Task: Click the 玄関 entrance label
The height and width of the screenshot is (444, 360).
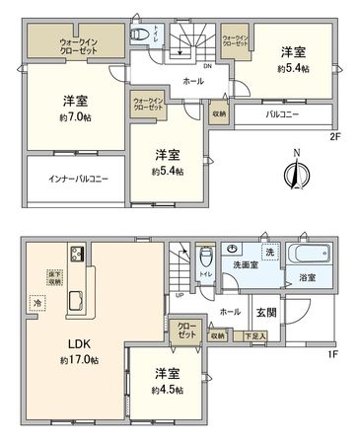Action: (x=267, y=313)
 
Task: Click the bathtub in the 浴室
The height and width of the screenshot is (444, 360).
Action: (x=308, y=254)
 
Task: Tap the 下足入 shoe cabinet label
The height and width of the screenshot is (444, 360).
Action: (x=255, y=336)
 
